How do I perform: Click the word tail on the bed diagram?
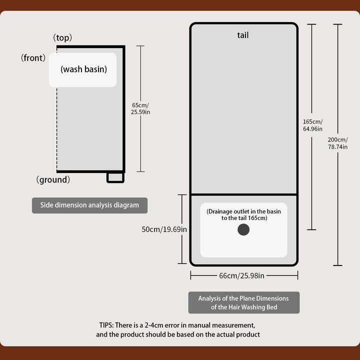tap(243, 35)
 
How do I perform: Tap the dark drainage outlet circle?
tap(243, 229)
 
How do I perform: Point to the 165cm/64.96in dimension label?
tap(312, 125)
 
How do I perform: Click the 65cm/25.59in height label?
tap(140, 108)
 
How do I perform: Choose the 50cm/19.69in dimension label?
tap(164, 229)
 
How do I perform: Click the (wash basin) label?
tap(83, 69)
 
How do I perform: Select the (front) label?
tap(33, 58)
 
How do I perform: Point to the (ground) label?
tap(53, 179)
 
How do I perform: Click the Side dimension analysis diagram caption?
tap(89, 205)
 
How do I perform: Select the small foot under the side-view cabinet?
tap(115, 177)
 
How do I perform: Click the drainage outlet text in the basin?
tap(243, 215)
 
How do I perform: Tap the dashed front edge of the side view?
tap(56, 130)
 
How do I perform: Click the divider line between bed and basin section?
tap(243, 194)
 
